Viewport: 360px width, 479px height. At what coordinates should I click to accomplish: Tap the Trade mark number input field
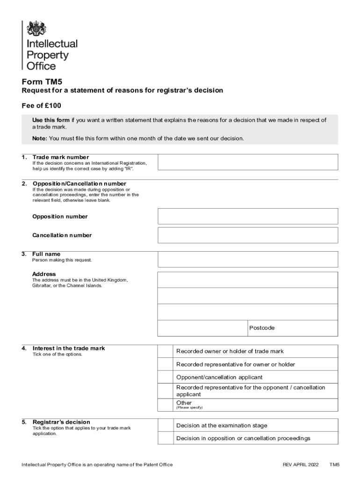248,162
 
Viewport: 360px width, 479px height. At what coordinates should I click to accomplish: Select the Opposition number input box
248,216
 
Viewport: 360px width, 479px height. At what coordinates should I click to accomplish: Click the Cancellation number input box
248,235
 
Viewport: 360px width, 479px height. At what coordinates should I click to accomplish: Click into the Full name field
248,259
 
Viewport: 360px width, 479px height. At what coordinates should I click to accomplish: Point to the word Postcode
262,328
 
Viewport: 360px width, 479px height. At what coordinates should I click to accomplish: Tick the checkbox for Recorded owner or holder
165,351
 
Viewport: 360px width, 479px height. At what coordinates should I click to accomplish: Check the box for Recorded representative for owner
165,364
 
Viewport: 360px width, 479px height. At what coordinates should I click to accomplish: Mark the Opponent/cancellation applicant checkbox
165,377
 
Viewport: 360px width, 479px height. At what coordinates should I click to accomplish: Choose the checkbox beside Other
165,404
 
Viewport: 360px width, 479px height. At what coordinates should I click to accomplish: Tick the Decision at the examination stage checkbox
165,425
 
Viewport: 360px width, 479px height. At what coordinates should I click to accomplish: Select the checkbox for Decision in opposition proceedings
165,438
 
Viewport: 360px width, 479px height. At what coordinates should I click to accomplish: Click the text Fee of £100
42,105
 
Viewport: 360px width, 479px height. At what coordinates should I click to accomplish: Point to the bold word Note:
39,138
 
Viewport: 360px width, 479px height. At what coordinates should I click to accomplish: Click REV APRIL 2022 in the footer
301,464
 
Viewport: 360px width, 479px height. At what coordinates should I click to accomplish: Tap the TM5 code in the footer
334,464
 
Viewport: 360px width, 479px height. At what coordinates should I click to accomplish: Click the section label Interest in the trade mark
69,348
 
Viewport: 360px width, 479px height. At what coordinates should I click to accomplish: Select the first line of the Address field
248,280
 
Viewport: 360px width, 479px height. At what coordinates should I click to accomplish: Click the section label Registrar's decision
61,422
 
